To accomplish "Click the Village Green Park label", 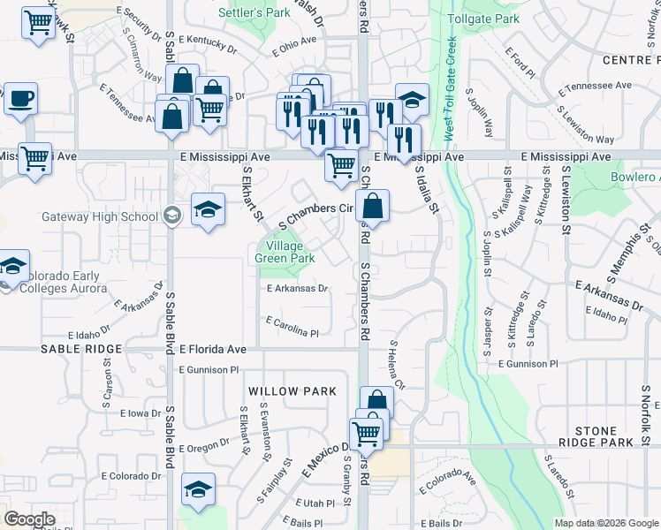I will coord(285,253).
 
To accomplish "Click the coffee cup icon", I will coord(20,99).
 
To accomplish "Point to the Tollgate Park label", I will coord(483,19).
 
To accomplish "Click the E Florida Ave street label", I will coord(212,350).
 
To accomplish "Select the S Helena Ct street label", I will coord(395,366).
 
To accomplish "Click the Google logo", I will coord(29,519).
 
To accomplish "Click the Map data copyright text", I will coord(605,523).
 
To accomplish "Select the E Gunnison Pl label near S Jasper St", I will coord(528,363).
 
